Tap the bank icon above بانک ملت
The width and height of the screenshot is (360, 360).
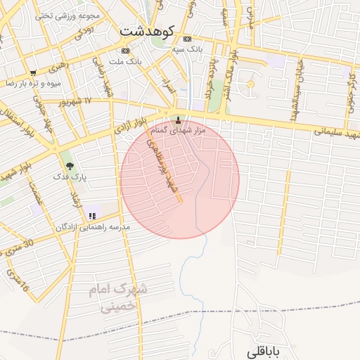(x=125, y=51)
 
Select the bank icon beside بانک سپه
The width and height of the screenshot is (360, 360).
(x=186, y=39)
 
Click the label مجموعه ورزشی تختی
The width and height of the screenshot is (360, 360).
(x=67, y=15)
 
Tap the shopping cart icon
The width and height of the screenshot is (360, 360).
(x=33, y=72)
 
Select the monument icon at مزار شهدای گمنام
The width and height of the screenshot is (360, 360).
(x=177, y=120)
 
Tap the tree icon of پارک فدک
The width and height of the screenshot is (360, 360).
(x=69, y=167)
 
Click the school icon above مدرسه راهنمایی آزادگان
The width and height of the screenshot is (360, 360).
(x=92, y=216)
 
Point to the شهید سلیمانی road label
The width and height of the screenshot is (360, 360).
(x=336, y=133)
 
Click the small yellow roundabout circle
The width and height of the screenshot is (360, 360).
(x=250, y=85)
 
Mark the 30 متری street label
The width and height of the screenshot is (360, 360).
(x=17, y=247)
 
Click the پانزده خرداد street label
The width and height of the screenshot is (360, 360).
(x=208, y=81)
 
